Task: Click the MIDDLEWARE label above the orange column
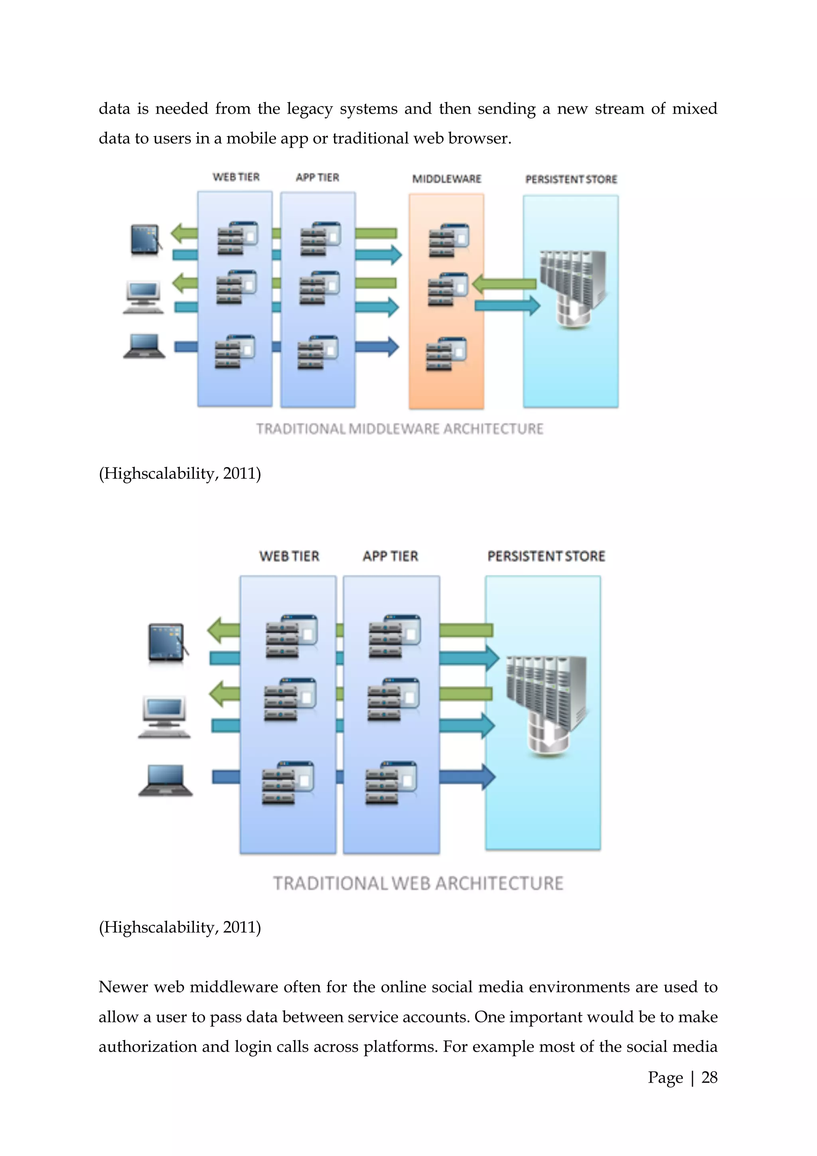[446, 179]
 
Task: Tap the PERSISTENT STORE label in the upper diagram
[570, 179]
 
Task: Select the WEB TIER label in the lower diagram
[289, 556]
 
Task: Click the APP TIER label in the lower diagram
[391, 556]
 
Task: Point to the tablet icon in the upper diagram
[145, 240]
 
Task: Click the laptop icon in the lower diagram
[166, 781]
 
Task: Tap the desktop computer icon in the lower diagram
[164, 717]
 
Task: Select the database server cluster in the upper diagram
[572, 289]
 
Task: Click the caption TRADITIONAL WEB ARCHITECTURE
[418, 883]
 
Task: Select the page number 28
[709, 1077]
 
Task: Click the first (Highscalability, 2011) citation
[180, 473]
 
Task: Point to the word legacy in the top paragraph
[310, 109]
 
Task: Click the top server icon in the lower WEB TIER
[291, 635]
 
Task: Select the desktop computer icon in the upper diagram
[143, 297]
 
